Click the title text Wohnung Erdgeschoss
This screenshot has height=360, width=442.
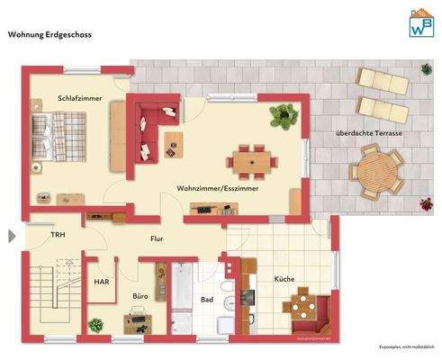[x=50, y=36]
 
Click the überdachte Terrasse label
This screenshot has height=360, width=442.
[x=368, y=133]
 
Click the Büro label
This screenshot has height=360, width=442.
[x=140, y=295]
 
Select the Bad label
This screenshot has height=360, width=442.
[x=206, y=300]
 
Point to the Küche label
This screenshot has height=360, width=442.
[x=284, y=279]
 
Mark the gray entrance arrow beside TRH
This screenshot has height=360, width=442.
[x=11, y=236]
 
